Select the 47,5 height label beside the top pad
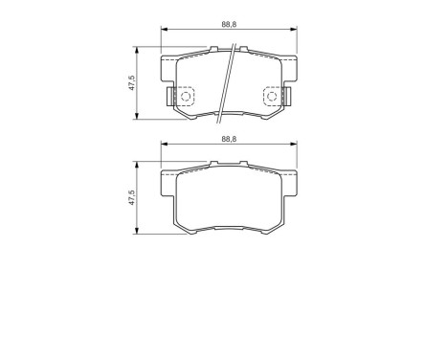(133, 83)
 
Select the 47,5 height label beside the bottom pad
(133, 198)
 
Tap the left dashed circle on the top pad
(185, 96)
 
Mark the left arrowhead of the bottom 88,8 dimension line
(163, 146)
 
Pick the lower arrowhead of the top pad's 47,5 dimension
(141, 118)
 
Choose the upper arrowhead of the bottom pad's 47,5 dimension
(141, 164)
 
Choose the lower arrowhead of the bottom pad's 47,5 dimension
(141, 233)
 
